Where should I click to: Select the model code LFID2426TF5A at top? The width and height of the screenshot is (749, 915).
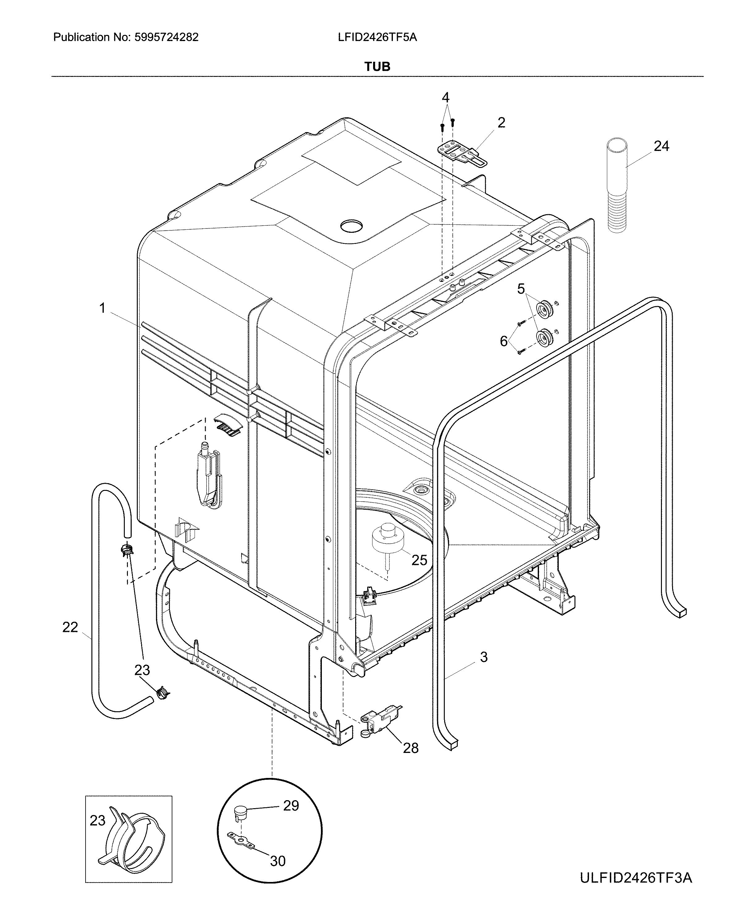(x=377, y=38)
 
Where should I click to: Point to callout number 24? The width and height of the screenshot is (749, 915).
(x=661, y=147)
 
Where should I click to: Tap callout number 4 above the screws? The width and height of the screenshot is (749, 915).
(x=446, y=98)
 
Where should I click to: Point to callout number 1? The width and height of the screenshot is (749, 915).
(x=102, y=308)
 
